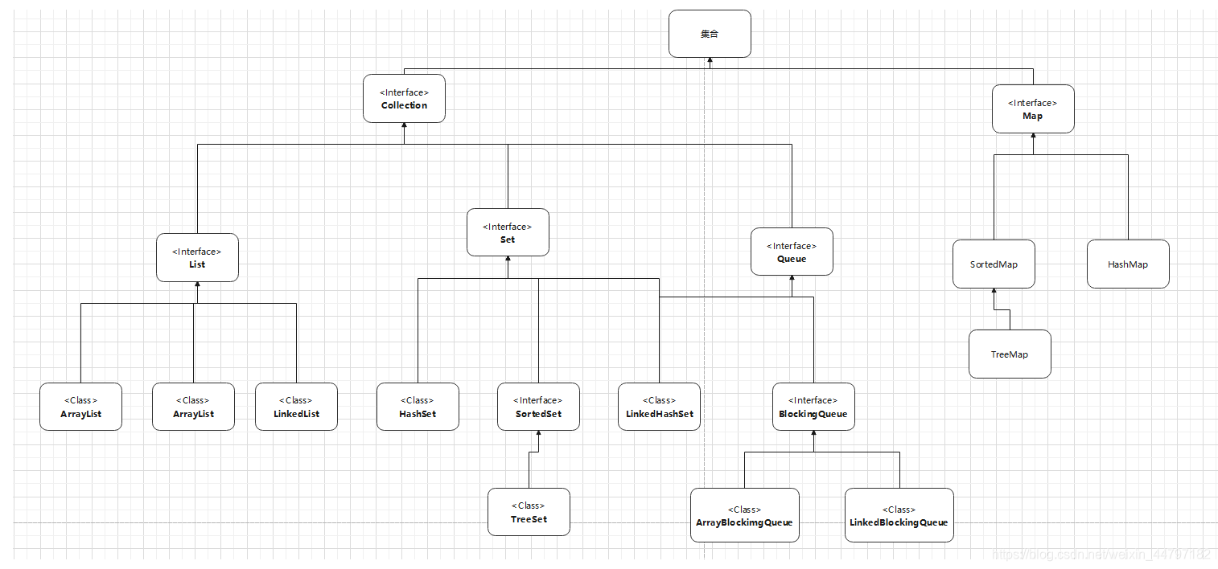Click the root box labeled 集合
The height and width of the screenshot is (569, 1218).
click(710, 34)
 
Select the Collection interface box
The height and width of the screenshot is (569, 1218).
click(404, 99)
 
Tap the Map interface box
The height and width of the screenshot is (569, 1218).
click(1033, 109)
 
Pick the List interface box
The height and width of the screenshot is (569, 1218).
click(197, 258)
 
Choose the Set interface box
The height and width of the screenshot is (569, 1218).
click(508, 233)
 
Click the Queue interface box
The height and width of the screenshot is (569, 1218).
click(792, 252)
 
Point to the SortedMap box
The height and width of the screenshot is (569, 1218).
click(994, 264)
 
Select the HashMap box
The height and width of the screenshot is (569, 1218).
click(1128, 264)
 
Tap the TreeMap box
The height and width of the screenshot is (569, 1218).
click(1010, 354)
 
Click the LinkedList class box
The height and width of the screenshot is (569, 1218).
click(297, 407)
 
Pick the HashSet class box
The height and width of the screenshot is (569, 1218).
click(418, 407)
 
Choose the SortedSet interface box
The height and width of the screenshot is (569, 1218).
click(538, 407)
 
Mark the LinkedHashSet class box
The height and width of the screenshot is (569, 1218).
click(659, 407)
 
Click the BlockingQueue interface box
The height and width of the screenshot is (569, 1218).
click(813, 407)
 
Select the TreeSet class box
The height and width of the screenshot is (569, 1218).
click(529, 512)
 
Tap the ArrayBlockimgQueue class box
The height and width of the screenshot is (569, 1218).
click(744, 515)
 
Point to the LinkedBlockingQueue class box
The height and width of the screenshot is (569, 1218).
click(899, 515)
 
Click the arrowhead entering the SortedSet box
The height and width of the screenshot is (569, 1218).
click(538, 435)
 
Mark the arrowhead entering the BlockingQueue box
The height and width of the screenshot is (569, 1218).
click(813, 435)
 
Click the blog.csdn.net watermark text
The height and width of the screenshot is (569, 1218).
click(1101, 555)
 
